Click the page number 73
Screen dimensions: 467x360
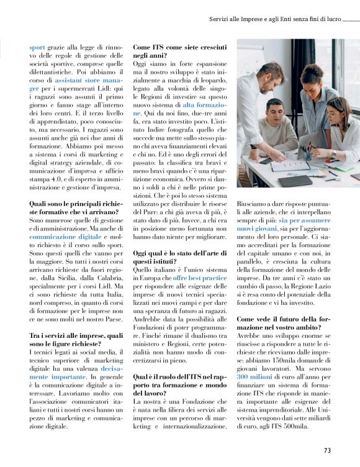pos(327,450)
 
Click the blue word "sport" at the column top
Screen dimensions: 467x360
pos(38,47)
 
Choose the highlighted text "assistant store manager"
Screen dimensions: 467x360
pos(86,80)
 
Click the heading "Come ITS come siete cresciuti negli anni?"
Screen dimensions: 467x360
pos(180,51)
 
